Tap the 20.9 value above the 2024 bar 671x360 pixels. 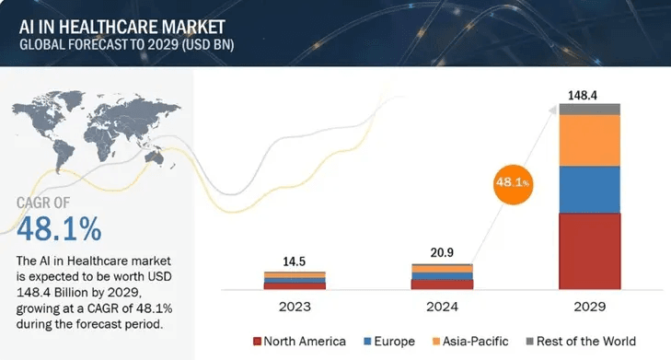[x=442, y=252]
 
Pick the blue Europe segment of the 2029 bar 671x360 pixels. [x=589, y=189]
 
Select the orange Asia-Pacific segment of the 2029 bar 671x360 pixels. [x=589, y=140]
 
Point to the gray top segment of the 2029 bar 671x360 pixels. [x=589, y=109]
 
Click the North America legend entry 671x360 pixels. [x=299, y=342]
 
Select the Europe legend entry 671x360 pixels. [x=389, y=342]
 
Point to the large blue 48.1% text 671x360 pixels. [x=59, y=226]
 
